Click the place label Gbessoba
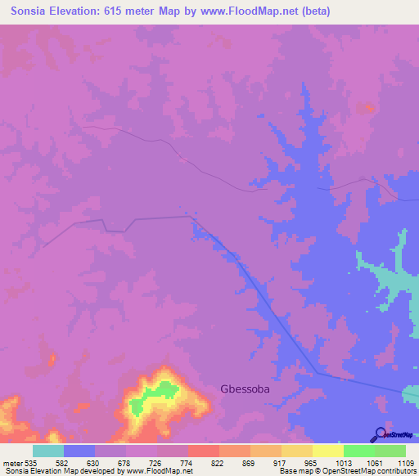tap(245, 389)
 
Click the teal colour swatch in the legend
tap(48, 451)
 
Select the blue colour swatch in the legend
tap(79, 451)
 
